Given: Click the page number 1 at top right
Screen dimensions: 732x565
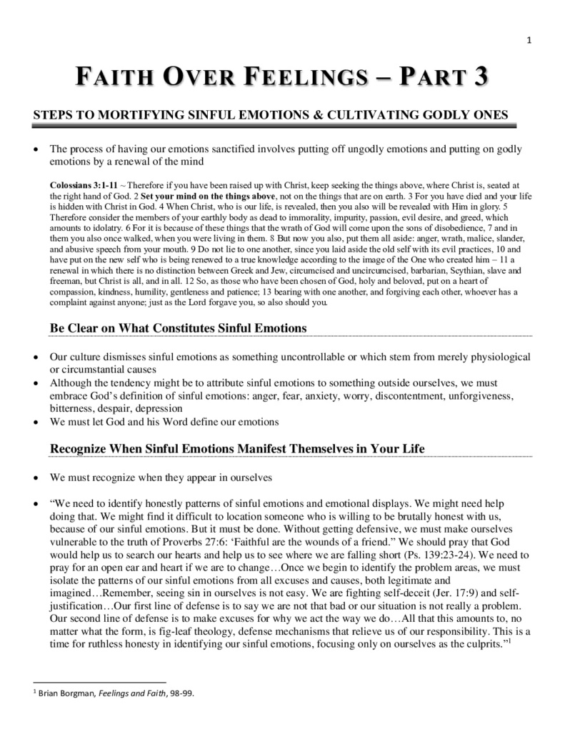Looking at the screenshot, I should (529, 40).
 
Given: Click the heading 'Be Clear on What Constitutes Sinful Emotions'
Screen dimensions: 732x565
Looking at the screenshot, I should (178, 327).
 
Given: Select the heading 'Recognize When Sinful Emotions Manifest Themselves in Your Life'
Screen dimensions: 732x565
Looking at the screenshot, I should (237, 448).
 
